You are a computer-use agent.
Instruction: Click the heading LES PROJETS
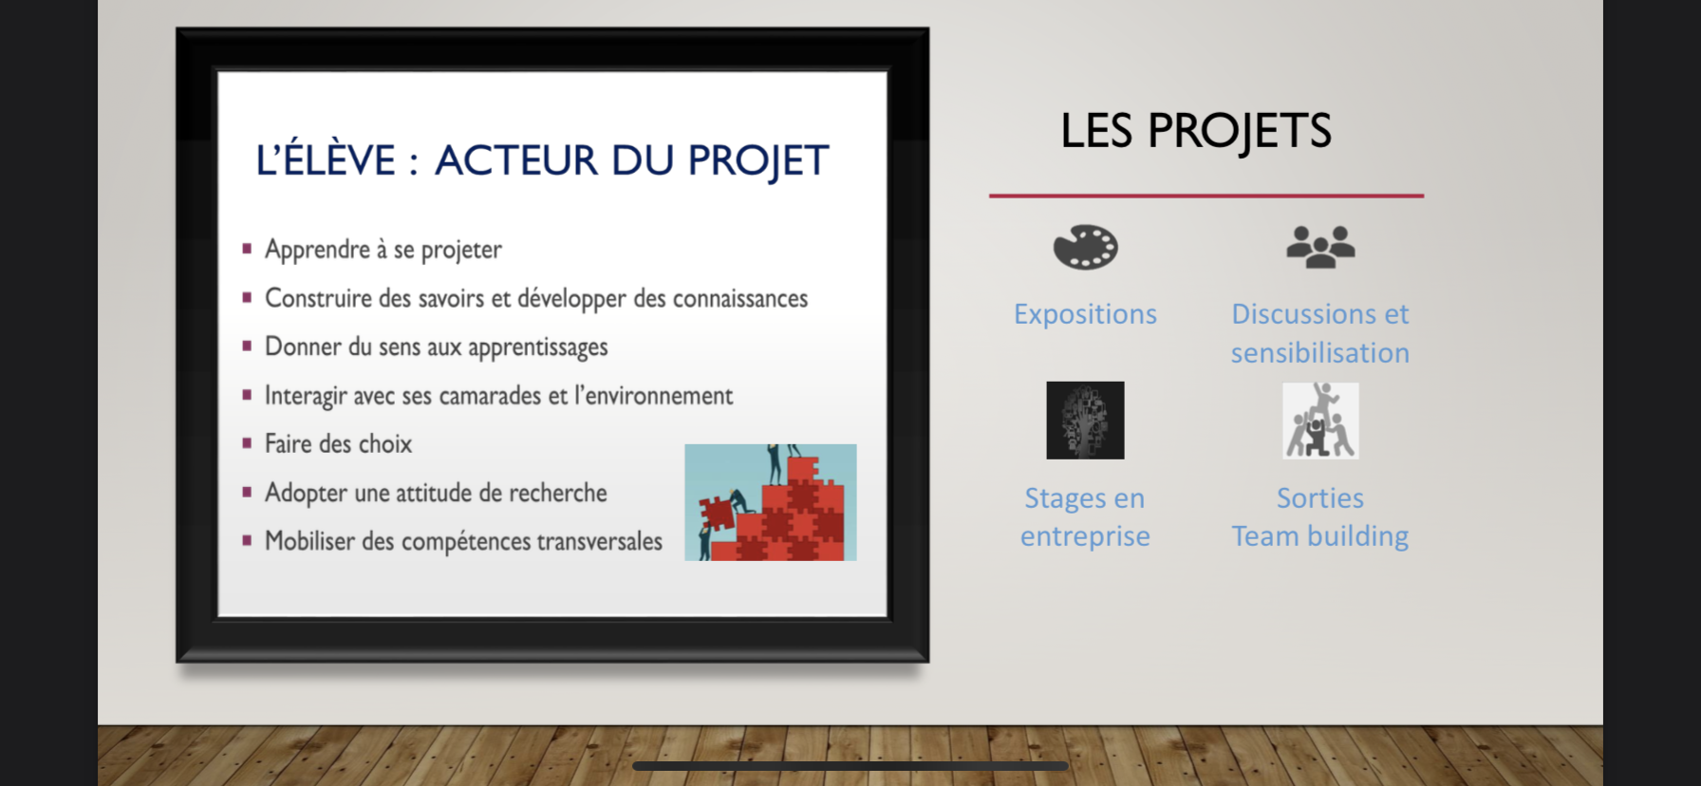click(1196, 131)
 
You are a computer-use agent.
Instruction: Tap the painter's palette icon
click(1085, 247)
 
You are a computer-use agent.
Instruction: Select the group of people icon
click(1320, 247)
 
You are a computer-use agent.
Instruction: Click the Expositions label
click(1085, 314)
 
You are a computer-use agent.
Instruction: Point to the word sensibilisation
click(1320, 353)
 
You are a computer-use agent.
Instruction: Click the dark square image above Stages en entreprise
click(1085, 421)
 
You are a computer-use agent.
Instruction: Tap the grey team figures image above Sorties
click(1320, 421)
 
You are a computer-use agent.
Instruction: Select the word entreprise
click(1085, 537)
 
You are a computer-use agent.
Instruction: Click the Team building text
click(1320, 536)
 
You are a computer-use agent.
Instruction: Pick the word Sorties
click(1320, 498)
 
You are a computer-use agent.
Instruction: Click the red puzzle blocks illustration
click(771, 502)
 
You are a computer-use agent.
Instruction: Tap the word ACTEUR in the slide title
click(516, 160)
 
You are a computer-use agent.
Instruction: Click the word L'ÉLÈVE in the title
click(326, 159)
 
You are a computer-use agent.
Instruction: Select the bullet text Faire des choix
click(338, 443)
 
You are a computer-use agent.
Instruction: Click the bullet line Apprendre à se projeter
click(383, 250)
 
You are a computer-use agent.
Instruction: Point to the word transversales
click(600, 541)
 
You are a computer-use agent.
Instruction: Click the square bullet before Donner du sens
click(247, 346)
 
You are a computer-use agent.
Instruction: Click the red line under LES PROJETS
click(1206, 196)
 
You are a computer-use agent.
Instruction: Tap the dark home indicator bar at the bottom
click(850, 765)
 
